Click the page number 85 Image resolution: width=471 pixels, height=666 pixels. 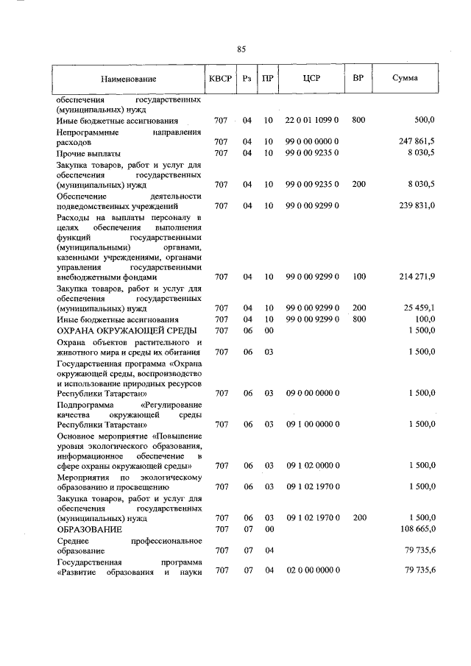point(241,49)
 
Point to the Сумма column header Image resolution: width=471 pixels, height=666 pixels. point(406,78)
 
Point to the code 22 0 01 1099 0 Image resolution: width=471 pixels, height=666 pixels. point(312,119)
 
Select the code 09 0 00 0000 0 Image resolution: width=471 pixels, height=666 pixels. point(312,394)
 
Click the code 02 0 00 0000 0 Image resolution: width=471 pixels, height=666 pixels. point(312,571)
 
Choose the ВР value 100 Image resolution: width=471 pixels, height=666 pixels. point(358,277)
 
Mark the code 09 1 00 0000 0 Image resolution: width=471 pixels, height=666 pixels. point(312,425)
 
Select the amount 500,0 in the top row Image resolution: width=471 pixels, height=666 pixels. point(425,119)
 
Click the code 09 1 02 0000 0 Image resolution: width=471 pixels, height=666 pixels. point(312,466)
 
